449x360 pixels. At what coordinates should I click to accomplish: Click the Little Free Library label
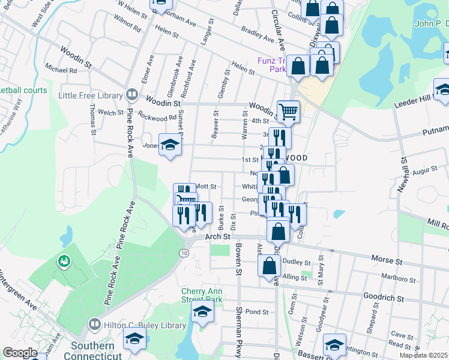(x=89, y=95)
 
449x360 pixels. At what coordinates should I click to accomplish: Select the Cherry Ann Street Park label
(x=202, y=295)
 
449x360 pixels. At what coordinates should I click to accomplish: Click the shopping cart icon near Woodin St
(x=288, y=111)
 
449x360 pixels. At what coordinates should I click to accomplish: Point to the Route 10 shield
(x=184, y=253)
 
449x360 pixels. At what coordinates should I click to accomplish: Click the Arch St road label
(x=218, y=237)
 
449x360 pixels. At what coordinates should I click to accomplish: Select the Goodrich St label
(x=383, y=296)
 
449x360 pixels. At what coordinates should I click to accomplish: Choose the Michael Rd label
(x=65, y=70)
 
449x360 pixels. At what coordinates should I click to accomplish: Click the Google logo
(x=20, y=352)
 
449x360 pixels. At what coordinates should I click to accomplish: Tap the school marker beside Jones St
(x=170, y=145)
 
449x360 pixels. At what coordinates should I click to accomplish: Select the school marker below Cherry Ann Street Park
(x=202, y=312)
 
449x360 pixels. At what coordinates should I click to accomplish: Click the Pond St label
(x=256, y=312)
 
